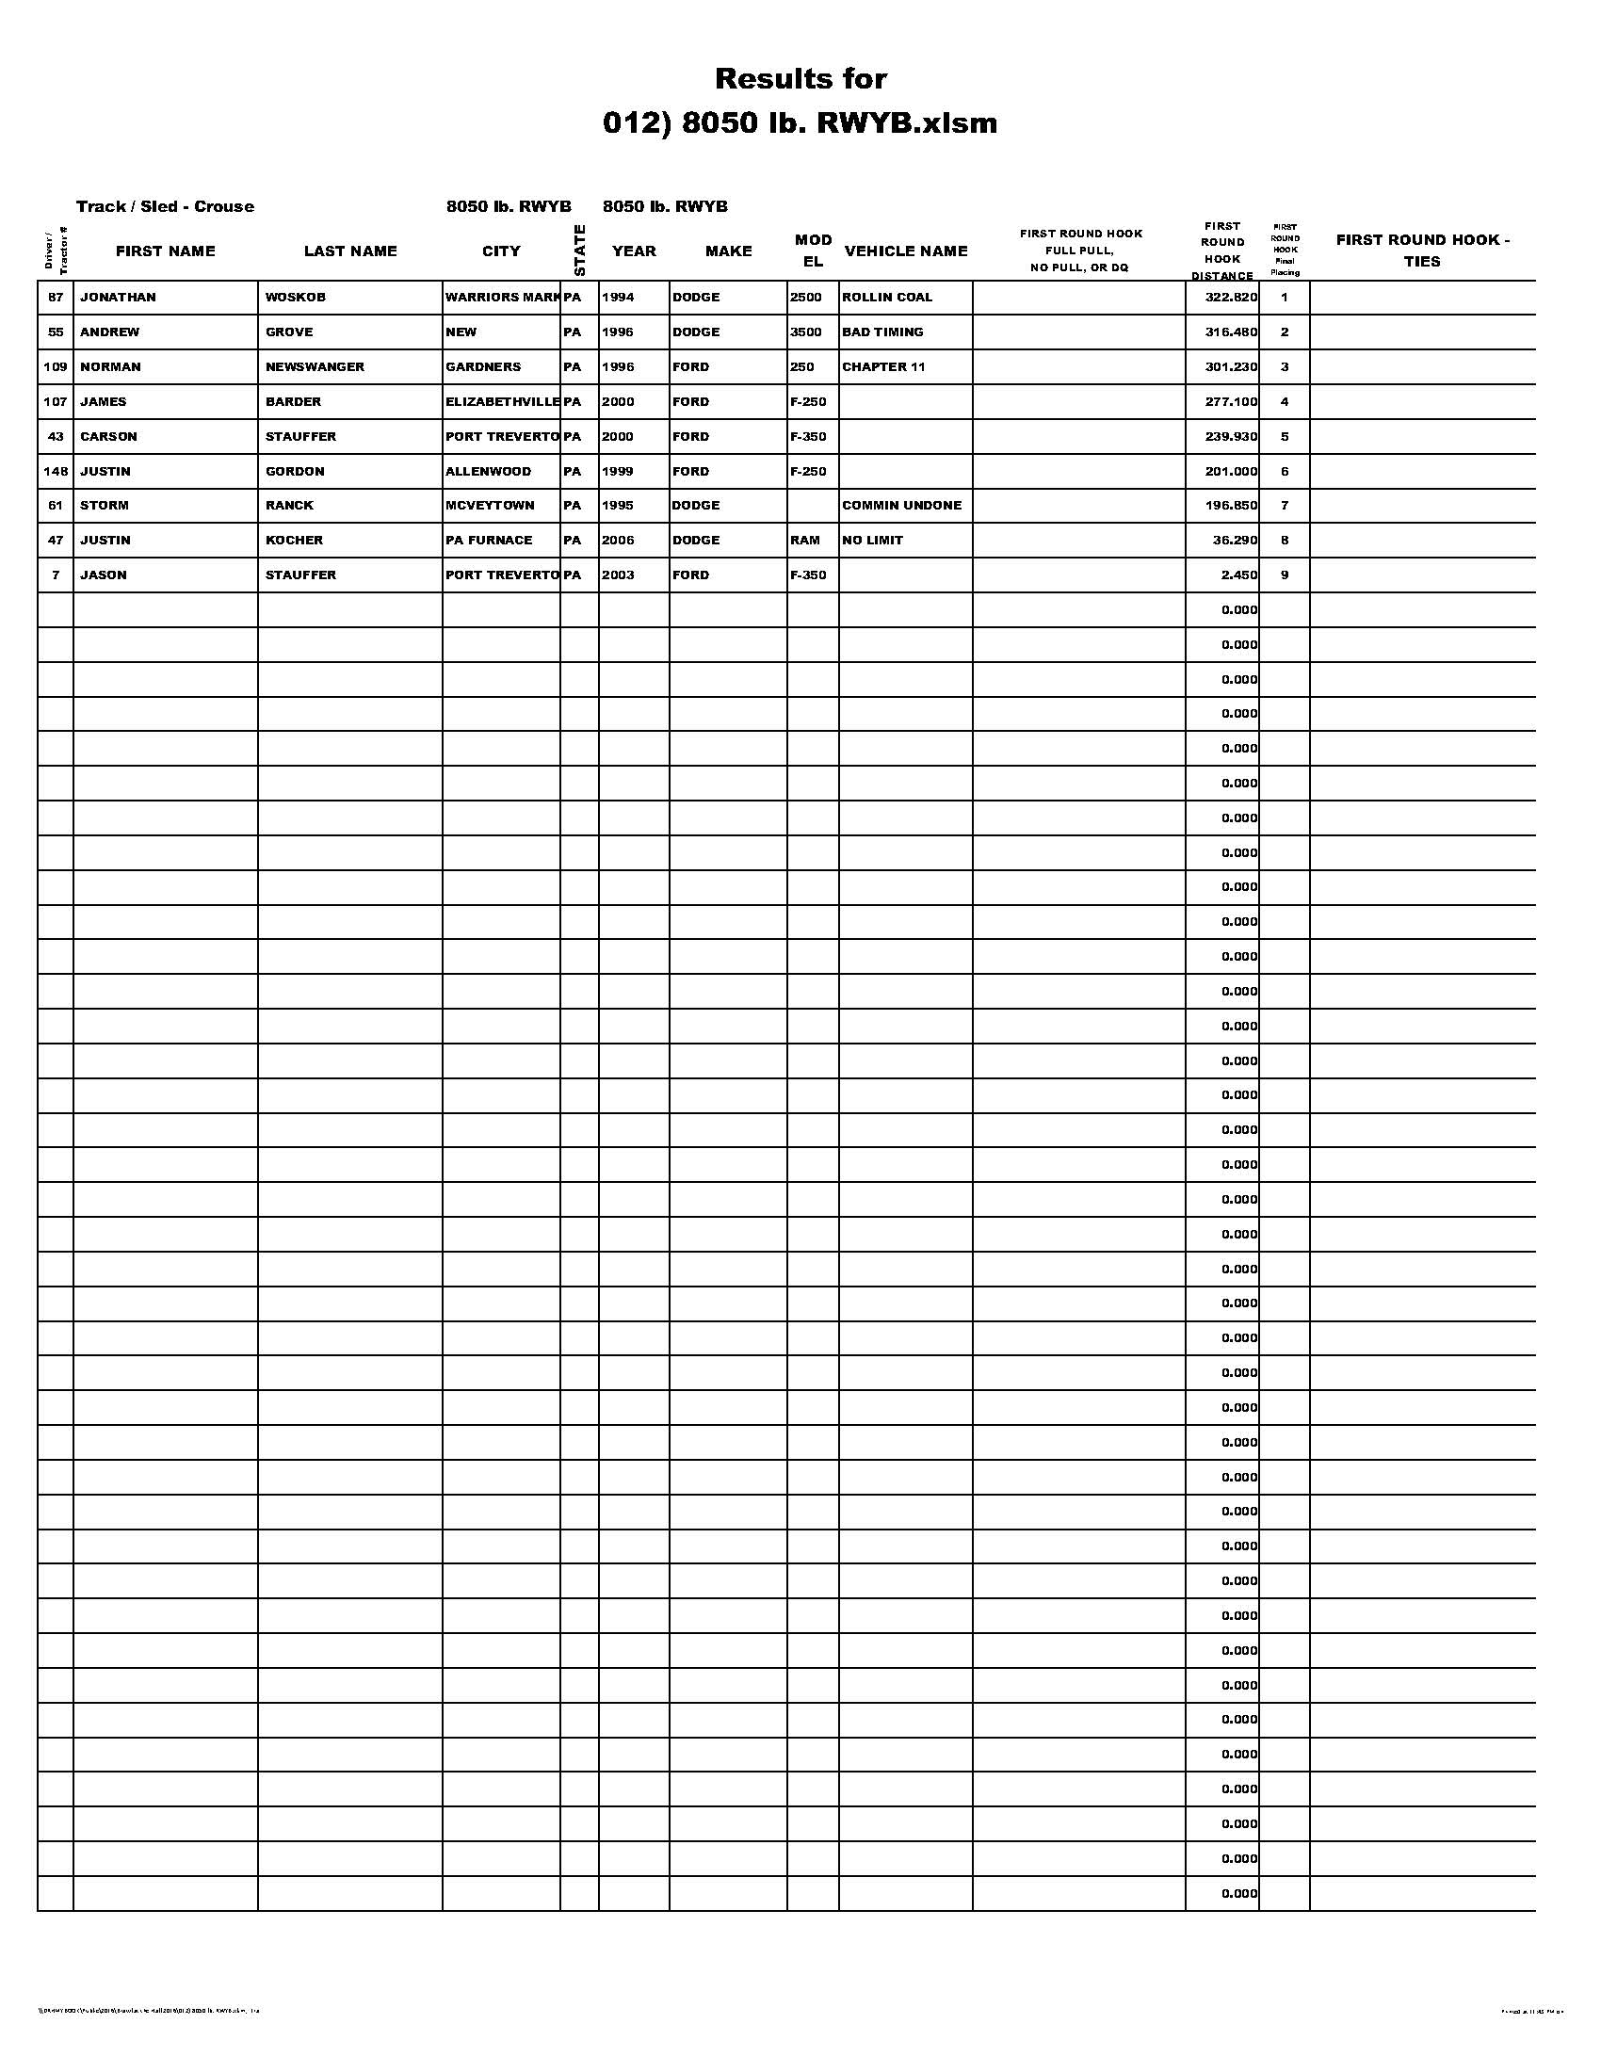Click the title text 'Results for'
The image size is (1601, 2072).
pyautogui.click(x=800, y=78)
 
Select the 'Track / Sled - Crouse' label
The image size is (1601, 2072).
pyautogui.click(x=165, y=207)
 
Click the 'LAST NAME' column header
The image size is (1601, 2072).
pyautogui.click(x=350, y=251)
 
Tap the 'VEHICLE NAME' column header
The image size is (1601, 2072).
pyautogui.click(x=906, y=251)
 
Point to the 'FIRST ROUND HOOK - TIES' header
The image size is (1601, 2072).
pyautogui.click(x=1422, y=251)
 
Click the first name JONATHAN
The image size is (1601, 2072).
pyautogui.click(x=118, y=298)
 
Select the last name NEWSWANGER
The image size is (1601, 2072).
pyautogui.click(x=315, y=367)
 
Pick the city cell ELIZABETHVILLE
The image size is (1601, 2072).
pyautogui.click(x=503, y=402)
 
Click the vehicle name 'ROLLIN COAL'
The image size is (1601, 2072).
pyautogui.click(x=887, y=298)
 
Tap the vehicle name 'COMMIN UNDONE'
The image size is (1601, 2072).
pyautogui.click(x=901, y=506)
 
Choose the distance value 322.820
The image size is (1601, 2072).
pyautogui.click(x=1231, y=298)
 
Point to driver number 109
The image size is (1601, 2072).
pyautogui.click(x=56, y=367)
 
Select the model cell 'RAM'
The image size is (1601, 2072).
pyautogui.click(x=804, y=541)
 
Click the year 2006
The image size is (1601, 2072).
pyautogui.click(x=618, y=541)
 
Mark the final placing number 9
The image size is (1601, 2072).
pyautogui.click(x=1285, y=575)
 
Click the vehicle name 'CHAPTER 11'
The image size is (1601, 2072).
pyautogui.click(x=883, y=367)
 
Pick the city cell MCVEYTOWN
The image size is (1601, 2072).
pyautogui.click(x=490, y=506)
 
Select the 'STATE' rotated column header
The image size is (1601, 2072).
pyautogui.click(x=579, y=251)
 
